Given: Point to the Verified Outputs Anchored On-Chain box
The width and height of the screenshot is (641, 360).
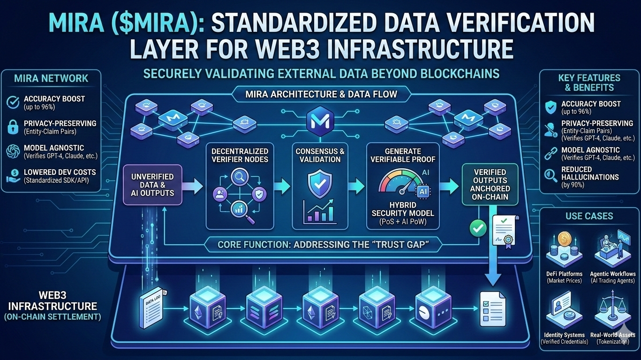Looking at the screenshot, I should (x=490, y=184).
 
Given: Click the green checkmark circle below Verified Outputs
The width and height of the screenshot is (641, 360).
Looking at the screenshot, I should (x=478, y=228).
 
